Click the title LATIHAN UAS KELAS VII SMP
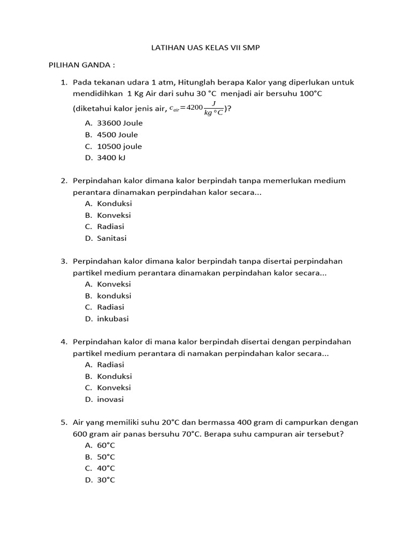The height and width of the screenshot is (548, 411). pyautogui.click(x=206, y=48)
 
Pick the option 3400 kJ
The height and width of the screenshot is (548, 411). pyautogui.click(x=111, y=158)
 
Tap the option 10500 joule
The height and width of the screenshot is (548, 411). pyautogui.click(x=119, y=146)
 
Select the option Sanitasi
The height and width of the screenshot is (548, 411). pyautogui.click(x=112, y=239)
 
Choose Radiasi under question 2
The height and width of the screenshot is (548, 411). pyautogui.click(x=110, y=227)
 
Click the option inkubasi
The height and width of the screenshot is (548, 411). pyautogui.click(x=113, y=319)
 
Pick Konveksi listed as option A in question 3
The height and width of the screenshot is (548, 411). pyautogui.click(x=113, y=284)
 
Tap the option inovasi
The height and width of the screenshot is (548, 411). pyautogui.click(x=110, y=400)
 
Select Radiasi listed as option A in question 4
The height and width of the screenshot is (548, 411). pyautogui.click(x=110, y=365)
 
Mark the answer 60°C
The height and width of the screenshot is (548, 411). pyautogui.click(x=106, y=445)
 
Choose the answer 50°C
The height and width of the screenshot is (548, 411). pyautogui.click(x=106, y=457)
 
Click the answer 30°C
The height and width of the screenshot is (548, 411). pyautogui.click(x=106, y=480)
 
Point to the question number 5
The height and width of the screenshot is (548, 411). pyautogui.click(x=64, y=422)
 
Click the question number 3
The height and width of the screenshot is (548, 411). pyautogui.click(x=64, y=261)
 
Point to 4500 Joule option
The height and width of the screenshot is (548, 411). pyautogui.click(x=117, y=135)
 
